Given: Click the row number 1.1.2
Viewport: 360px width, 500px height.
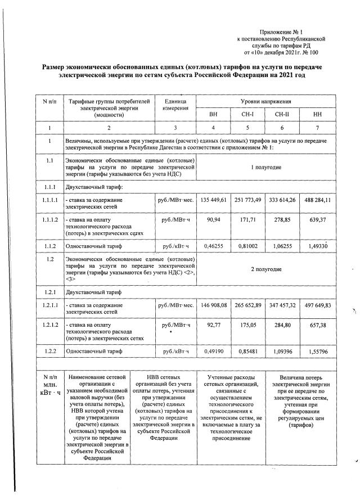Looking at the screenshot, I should tap(49, 245).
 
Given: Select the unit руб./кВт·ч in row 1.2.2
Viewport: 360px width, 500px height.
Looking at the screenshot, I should tap(175, 352).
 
